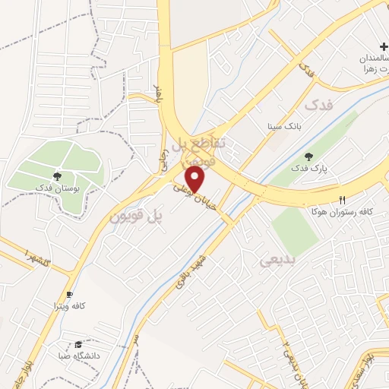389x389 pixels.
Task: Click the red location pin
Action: click(197, 179)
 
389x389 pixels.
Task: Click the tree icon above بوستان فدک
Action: click(58, 176)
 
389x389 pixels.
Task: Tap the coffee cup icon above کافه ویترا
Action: click(70, 294)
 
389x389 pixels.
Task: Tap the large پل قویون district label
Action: click(138, 216)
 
